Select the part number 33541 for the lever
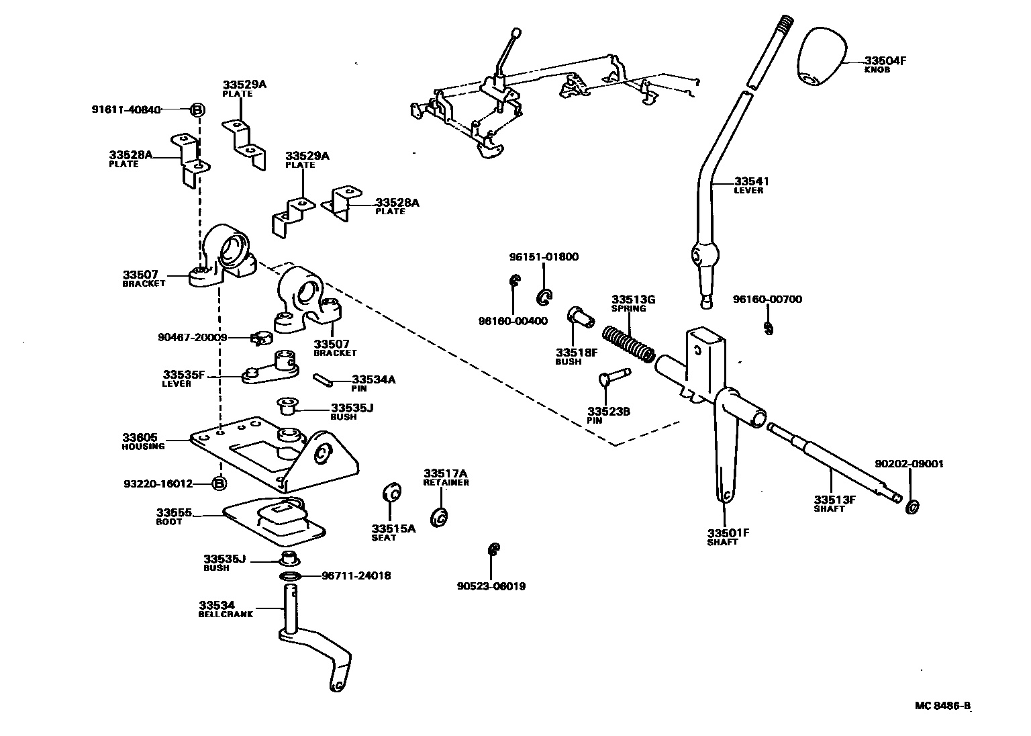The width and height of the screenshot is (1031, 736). pos(751,181)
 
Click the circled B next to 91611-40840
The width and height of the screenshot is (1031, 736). pos(197,109)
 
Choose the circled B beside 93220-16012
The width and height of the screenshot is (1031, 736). pos(219,483)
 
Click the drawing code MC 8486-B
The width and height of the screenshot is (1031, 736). pos(943,705)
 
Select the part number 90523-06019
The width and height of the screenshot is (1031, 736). pos(491,586)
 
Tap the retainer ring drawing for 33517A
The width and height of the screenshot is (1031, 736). pos(441,516)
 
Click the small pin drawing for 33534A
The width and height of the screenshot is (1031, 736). pos(322,379)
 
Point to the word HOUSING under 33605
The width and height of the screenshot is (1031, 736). pos(143,447)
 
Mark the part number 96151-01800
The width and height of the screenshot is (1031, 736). pos(543,257)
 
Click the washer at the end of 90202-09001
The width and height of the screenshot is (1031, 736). pos(912,507)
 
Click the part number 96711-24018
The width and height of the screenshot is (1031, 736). pos(356,576)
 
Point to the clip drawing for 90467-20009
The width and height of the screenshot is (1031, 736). pos(258,338)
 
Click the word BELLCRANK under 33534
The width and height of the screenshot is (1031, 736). pos(226,614)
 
